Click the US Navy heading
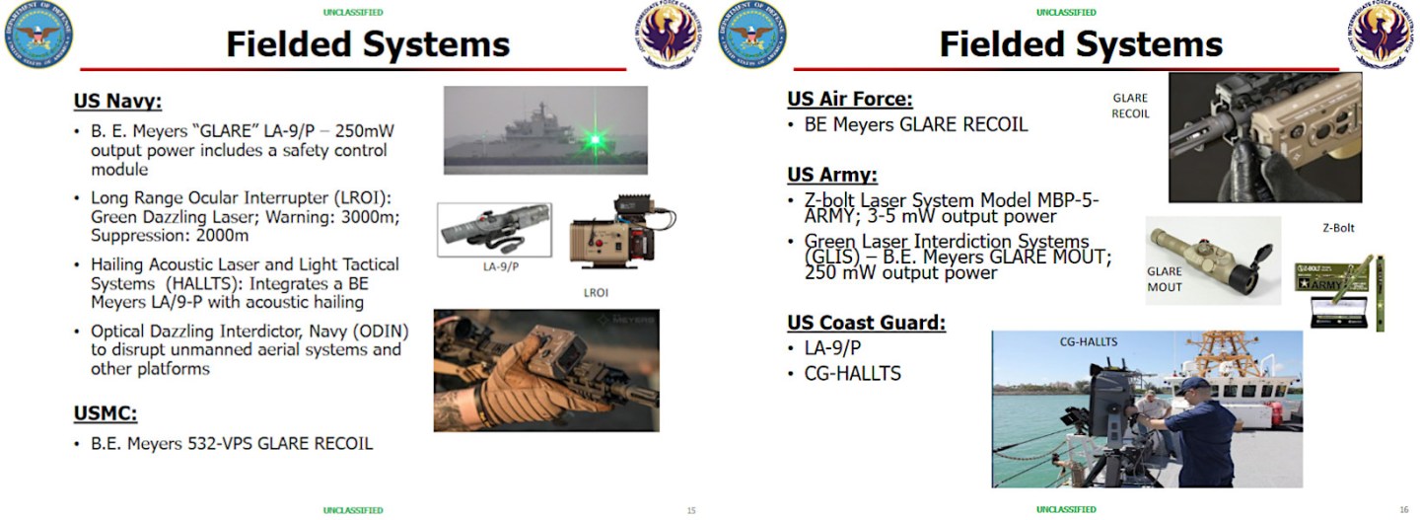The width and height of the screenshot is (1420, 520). click(117, 101)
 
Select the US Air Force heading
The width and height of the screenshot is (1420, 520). click(849, 99)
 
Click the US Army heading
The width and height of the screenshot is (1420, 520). click(831, 175)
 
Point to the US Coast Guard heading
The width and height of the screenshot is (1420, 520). click(866, 323)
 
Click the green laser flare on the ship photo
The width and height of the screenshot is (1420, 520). click(595, 139)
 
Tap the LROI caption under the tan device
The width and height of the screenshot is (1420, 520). click(595, 293)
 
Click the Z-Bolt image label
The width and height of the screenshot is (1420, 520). click(1338, 228)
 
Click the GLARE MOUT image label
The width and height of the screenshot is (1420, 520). click(1164, 279)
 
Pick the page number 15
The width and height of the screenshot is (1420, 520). click(691, 510)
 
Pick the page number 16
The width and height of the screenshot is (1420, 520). click(1403, 510)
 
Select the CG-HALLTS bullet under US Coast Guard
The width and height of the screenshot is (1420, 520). click(854, 373)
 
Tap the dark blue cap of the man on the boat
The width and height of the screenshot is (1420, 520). click(1191, 385)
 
